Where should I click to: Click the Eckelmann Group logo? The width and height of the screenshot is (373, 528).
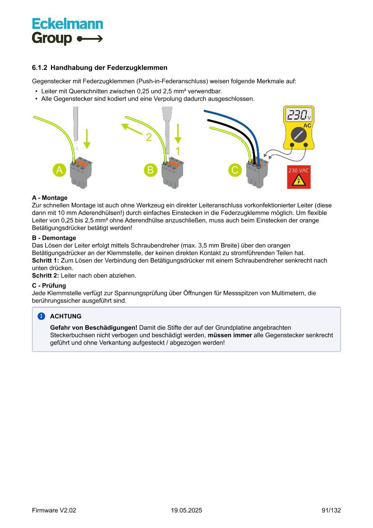(x=67, y=31)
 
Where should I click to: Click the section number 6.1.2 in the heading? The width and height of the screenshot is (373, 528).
(x=40, y=68)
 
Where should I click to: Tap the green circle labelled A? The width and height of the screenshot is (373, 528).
(x=59, y=170)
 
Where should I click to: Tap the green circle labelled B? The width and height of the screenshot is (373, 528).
(x=150, y=170)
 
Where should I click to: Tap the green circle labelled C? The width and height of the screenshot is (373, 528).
(x=235, y=170)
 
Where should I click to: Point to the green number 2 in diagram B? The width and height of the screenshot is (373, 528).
(x=149, y=137)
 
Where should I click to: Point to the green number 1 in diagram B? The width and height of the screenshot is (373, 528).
(x=178, y=150)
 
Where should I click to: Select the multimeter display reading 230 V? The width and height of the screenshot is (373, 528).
(x=299, y=115)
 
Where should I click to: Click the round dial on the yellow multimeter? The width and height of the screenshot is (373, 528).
(x=299, y=134)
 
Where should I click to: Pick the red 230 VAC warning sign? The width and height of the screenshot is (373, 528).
(x=299, y=177)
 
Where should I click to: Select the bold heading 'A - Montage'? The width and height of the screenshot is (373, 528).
(x=50, y=198)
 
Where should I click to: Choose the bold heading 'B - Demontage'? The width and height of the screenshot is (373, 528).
(x=54, y=238)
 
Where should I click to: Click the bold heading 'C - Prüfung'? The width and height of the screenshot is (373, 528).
(x=49, y=285)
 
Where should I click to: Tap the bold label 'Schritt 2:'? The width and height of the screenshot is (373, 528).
(x=45, y=276)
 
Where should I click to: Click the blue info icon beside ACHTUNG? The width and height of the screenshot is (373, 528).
(x=41, y=316)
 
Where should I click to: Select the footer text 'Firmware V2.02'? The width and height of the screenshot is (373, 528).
(x=54, y=510)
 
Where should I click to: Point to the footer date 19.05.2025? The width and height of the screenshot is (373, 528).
(x=186, y=510)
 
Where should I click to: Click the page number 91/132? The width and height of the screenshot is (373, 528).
(x=331, y=510)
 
